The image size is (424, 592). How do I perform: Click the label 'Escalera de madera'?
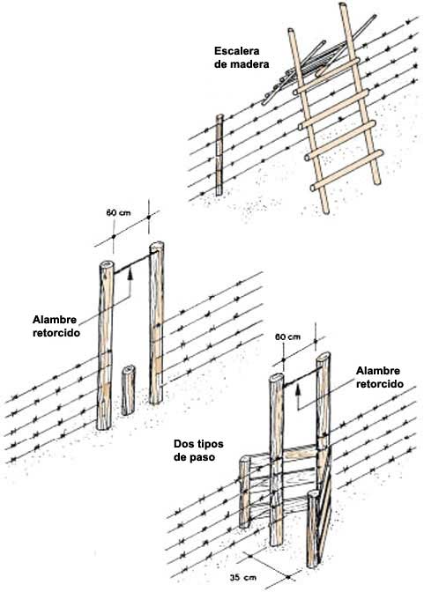point(242,57)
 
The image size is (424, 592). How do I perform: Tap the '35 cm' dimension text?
point(242,578)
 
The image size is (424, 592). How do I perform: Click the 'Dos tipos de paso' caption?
point(198,450)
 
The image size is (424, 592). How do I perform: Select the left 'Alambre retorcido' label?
point(56,326)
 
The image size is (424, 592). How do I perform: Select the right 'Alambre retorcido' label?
point(379,377)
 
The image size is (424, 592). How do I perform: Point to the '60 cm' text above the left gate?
point(118,213)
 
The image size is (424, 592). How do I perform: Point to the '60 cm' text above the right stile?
point(288,337)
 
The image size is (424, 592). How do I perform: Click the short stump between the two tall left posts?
point(128,390)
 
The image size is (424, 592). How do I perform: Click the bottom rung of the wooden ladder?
point(346,170)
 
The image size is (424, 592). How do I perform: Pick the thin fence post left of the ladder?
point(219,155)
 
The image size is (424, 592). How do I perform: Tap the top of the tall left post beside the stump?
point(106,264)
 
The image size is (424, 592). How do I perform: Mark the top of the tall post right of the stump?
point(156,246)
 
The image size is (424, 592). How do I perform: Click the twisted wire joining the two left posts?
point(132,263)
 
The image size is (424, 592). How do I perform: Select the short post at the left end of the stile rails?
point(245,492)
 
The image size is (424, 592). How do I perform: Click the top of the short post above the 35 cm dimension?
point(313,494)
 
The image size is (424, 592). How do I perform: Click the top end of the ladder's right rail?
point(343,5)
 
